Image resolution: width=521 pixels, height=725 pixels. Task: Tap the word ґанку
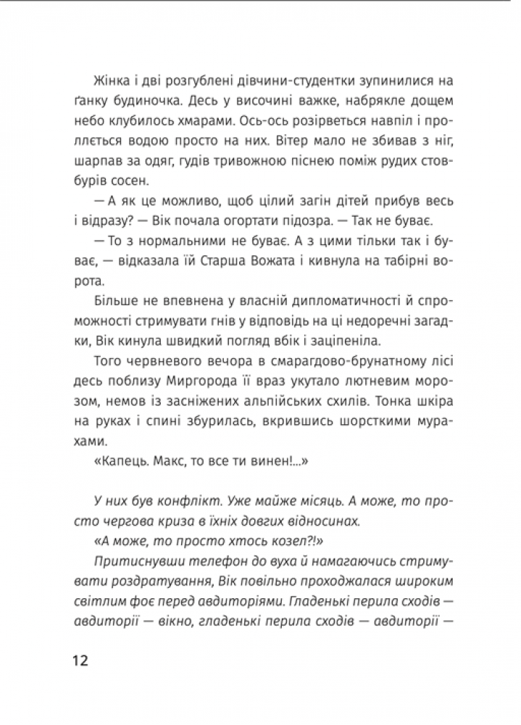coord(91,101)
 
